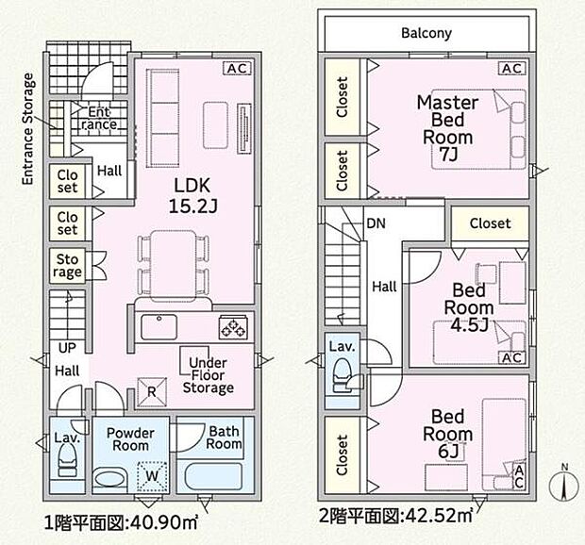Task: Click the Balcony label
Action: [426, 33]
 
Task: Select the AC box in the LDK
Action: [236, 68]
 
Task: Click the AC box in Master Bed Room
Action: [510, 68]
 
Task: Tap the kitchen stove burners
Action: [234, 327]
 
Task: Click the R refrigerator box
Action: [151, 387]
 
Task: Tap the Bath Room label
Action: [225, 437]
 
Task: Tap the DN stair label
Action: [375, 224]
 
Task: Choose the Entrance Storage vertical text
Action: [29, 128]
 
